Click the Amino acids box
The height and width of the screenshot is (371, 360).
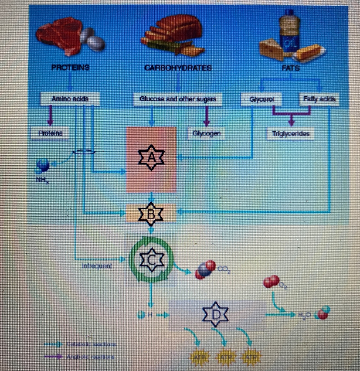pos(70,99)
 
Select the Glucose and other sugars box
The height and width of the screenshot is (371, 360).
pos(178,99)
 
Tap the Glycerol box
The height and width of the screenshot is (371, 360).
pos(261,99)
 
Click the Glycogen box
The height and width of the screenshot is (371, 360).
pos(206,133)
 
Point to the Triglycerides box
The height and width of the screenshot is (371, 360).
pos(291,134)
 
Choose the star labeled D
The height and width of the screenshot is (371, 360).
pos(216,314)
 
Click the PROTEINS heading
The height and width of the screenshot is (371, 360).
pos(70,67)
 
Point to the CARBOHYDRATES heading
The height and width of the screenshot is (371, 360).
pos(178,68)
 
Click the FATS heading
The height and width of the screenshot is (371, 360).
pos(290,68)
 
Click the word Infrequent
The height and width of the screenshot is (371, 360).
pos(97,266)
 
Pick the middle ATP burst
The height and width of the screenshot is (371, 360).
pos(226,358)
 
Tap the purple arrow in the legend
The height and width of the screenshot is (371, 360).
pos(53,357)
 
